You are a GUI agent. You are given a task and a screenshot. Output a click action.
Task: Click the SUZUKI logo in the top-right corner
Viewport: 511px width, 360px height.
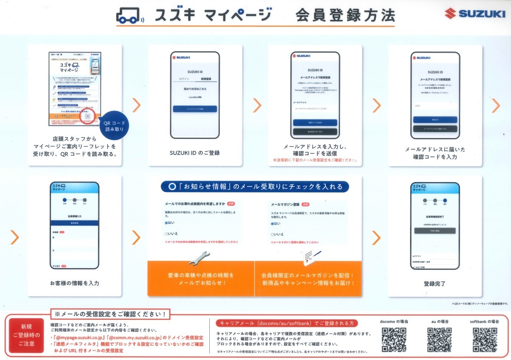(475, 14)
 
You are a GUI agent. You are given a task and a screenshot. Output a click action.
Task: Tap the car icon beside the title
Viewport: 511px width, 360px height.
(129, 15)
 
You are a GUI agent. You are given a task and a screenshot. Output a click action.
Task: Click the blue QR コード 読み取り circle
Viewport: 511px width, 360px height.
(114, 126)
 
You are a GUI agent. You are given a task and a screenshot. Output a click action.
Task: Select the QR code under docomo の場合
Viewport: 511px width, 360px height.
(394, 339)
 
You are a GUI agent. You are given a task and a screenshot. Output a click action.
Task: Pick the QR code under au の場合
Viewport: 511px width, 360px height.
(439, 339)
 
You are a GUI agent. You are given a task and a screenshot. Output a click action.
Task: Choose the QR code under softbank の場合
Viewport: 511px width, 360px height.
(485, 339)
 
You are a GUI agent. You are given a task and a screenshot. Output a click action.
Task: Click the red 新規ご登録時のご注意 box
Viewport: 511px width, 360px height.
(26, 335)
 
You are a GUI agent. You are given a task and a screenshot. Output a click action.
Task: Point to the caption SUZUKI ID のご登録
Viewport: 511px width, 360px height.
(194, 153)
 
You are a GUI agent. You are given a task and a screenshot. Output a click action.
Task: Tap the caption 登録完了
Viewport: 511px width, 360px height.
(434, 284)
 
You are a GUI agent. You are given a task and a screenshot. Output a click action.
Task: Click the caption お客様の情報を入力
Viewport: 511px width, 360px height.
(75, 283)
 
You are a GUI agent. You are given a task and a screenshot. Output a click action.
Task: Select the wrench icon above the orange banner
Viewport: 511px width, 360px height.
(199, 258)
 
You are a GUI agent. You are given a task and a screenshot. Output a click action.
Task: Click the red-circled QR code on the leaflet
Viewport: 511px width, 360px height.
(88, 116)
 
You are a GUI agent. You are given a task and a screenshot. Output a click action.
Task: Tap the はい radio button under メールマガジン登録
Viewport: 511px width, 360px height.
(273, 223)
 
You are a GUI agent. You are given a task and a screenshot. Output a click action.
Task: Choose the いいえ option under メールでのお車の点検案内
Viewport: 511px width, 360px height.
(167, 233)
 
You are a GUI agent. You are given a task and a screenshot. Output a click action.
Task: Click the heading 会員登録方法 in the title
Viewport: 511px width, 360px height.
(345, 16)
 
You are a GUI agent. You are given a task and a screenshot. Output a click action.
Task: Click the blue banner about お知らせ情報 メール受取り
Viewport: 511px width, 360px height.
(255, 187)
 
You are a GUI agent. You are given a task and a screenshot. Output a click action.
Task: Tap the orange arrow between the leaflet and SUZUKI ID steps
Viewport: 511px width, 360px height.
(136, 105)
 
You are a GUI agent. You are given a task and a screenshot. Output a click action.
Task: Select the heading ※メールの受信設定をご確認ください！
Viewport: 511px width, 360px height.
(110, 314)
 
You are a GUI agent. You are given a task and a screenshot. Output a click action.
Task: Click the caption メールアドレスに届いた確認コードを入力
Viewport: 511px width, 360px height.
(435, 153)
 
